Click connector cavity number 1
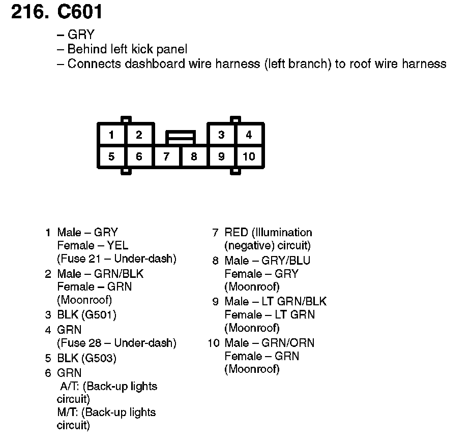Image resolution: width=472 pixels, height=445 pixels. click(x=111, y=135)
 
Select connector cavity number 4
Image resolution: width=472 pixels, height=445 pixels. click(x=249, y=135)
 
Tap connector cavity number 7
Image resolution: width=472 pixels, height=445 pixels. click(x=166, y=156)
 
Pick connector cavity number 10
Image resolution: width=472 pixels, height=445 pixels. click(x=249, y=156)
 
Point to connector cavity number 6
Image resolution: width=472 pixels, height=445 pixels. click(x=139, y=156)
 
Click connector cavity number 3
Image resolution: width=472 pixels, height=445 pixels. click(x=221, y=135)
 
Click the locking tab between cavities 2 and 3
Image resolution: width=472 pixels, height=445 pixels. click(x=180, y=137)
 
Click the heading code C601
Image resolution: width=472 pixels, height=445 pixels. click(x=81, y=12)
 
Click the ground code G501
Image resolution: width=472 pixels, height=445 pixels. click(x=99, y=315)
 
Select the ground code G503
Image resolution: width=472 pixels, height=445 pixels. click(x=99, y=359)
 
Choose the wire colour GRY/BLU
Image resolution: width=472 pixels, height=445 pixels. click(x=285, y=261)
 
